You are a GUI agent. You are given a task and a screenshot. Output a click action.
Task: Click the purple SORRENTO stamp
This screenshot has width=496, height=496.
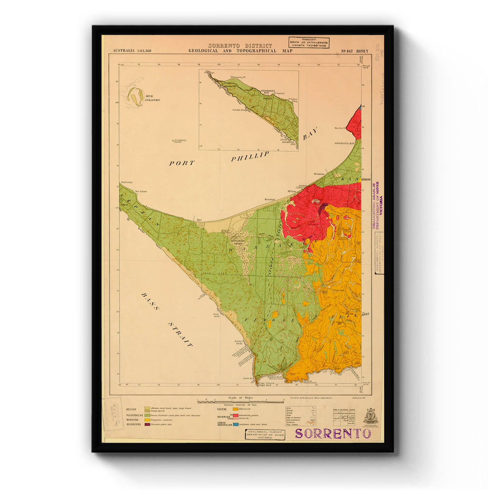click(333, 433)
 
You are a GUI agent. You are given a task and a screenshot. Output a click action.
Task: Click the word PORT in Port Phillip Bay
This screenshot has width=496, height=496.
click(181, 163)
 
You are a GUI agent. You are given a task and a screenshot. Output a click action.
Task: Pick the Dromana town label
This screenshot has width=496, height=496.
click(319, 174)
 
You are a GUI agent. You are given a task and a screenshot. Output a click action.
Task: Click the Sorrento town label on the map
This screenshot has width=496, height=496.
click(127, 182)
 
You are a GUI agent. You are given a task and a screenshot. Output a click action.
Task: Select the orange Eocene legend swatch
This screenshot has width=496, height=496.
click(236, 409)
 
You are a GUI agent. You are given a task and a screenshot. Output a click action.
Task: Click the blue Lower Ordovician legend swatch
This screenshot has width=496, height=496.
click(236, 424)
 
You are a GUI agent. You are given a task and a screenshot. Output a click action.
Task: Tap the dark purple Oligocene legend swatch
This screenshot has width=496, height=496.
click(148, 424)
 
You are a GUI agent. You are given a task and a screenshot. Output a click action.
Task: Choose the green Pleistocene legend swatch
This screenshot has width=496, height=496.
click(148, 415)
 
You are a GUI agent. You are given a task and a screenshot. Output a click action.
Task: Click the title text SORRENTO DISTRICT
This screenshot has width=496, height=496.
click(240, 45)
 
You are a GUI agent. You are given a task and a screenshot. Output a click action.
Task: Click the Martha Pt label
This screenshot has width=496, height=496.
click(339, 128)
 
